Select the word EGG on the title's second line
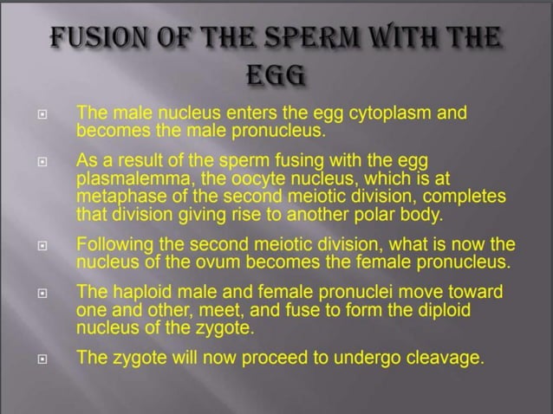[x=276, y=80]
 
